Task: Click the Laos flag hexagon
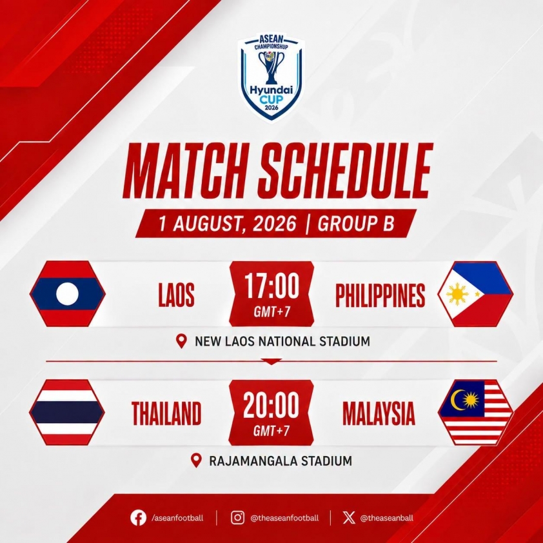point(68,293)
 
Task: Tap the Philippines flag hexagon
point(475,294)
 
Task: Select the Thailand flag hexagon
point(67,413)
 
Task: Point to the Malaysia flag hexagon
point(475,413)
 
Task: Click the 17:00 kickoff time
point(271,286)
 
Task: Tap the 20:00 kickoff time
point(271,405)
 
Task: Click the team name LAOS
point(176,295)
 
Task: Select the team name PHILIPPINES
point(380,295)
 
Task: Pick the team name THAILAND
point(166,413)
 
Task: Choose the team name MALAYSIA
point(379,413)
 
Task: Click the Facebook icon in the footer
point(138,518)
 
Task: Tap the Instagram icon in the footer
point(237,518)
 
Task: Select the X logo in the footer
point(349,518)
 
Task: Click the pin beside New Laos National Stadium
point(181,341)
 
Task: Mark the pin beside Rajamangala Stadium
point(196,460)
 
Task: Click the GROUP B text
point(355,223)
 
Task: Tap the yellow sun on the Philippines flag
point(457,294)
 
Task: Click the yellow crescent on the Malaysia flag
point(457,400)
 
